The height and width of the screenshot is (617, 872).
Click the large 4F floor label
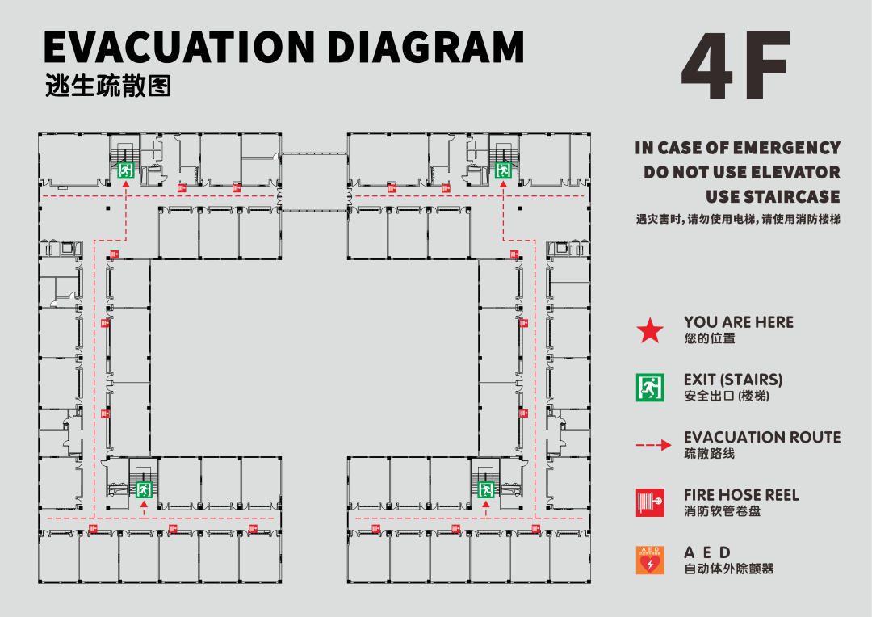tap(736, 65)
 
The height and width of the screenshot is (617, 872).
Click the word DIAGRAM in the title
tap(426, 48)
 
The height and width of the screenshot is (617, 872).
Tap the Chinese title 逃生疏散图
tap(108, 86)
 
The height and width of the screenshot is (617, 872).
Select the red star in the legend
tap(649, 331)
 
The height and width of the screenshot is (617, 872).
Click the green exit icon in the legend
tap(649, 387)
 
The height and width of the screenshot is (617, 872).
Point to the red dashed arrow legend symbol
tap(653, 445)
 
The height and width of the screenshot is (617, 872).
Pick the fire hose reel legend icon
tap(649, 502)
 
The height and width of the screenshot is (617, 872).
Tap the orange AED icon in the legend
tap(649, 560)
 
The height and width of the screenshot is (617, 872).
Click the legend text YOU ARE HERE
tap(739, 322)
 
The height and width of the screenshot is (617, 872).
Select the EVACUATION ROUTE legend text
tap(762, 437)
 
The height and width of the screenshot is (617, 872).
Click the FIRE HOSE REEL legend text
tap(741, 495)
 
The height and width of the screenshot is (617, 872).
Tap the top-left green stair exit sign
tap(126, 170)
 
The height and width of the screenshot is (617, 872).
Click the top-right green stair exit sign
tap(503, 170)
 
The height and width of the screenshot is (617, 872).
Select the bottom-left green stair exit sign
tap(144, 489)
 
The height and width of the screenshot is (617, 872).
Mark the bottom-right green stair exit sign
tap(486, 489)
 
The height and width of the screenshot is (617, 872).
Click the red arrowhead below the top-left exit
tap(126, 184)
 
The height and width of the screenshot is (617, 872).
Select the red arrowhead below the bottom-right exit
tap(486, 505)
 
